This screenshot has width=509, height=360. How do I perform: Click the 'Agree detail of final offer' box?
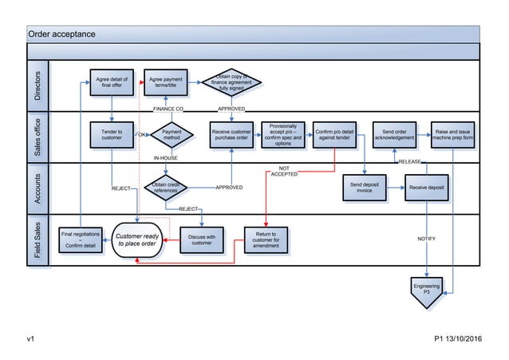pos(111,83)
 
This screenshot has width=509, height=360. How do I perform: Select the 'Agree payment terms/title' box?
pos(165,83)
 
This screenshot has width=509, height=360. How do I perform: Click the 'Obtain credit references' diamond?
pos(165,188)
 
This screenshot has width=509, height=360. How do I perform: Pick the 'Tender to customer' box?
pos(111,135)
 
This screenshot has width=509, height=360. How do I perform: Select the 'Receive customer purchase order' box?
pos(231,135)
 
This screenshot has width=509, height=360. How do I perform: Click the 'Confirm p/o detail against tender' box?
pos(334,135)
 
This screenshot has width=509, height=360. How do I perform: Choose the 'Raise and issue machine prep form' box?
pos(453,135)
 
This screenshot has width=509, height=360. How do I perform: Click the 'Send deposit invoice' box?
pos(364,188)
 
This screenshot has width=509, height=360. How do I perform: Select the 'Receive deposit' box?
pos(426,188)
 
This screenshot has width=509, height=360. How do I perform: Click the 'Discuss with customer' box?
pos(201,239)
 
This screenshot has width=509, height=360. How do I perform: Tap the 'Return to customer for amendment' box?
pos(266,239)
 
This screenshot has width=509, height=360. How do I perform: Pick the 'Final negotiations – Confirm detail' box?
pos(80,239)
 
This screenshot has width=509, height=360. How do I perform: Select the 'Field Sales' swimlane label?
pos(37,240)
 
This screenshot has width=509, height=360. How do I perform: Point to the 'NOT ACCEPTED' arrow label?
pos(284,171)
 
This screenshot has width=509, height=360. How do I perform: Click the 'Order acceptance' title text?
pos(62,34)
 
